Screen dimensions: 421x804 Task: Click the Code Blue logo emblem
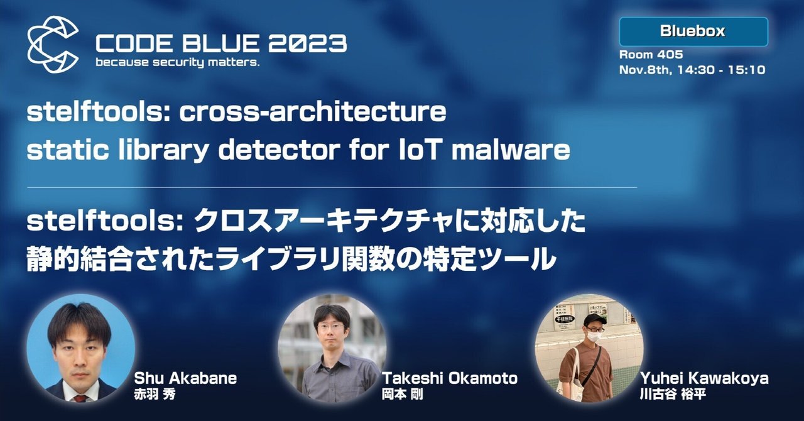tap(53, 44)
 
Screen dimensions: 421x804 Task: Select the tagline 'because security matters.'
tap(177, 63)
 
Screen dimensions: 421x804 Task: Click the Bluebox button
tap(693, 31)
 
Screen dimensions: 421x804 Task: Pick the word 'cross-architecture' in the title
tap(313, 113)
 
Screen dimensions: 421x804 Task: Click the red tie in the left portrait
tap(79, 398)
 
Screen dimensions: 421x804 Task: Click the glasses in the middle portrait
tap(331, 327)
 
